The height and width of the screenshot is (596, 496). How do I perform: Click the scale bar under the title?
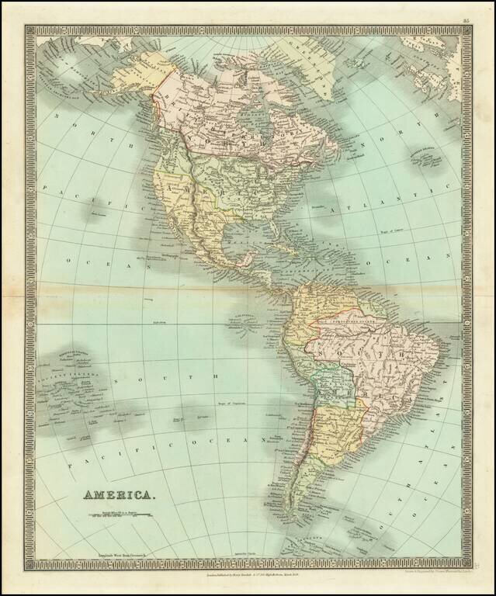tap(118, 513)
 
